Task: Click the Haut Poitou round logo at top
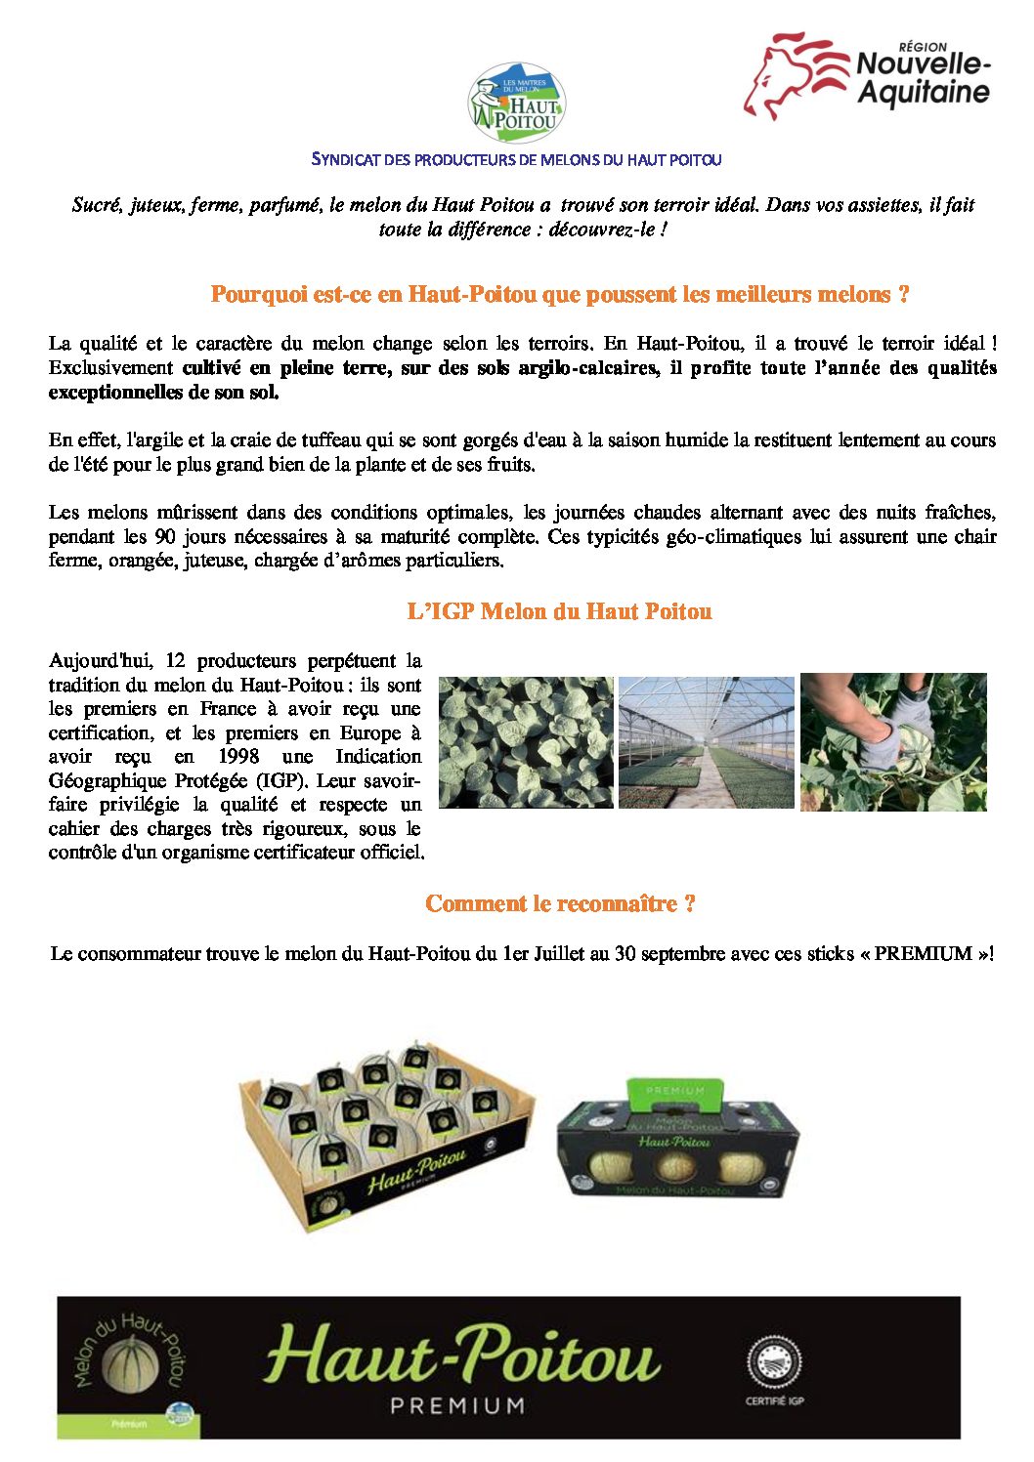click(516, 104)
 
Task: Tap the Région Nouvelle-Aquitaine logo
click(867, 75)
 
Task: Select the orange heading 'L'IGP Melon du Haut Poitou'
click(559, 612)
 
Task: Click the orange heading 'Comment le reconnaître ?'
click(560, 904)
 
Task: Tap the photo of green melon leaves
click(526, 742)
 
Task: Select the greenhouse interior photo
click(707, 742)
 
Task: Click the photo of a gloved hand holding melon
click(893, 742)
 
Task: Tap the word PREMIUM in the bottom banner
click(457, 1405)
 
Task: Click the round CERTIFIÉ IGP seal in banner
click(774, 1362)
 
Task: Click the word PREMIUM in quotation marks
click(923, 954)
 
